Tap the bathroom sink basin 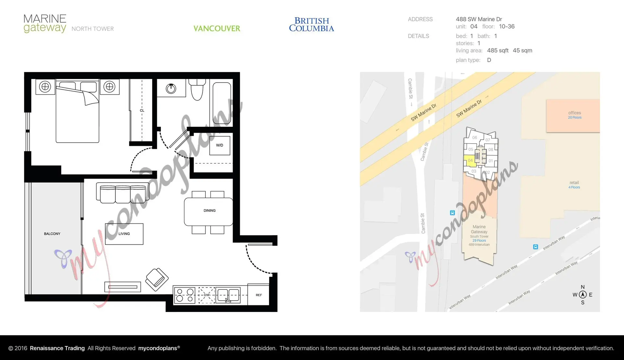tap(171, 88)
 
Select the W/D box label tap(220, 145)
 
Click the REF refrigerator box tap(259, 295)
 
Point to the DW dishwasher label tap(207, 295)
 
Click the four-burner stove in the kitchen tap(185, 295)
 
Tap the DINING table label tap(209, 211)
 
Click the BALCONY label tap(52, 234)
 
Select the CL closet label tap(142, 110)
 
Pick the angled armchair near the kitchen tap(157, 279)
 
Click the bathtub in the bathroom tap(222, 103)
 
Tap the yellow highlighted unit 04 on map tap(470, 161)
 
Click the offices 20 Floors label tap(575, 115)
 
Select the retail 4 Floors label tap(574, 185)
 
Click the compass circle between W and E tap(583, 295)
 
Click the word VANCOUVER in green tap(217, 29)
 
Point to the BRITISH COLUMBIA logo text tap(311, 25)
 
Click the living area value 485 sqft tap(498, 50)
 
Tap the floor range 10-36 tap(507, 27)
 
